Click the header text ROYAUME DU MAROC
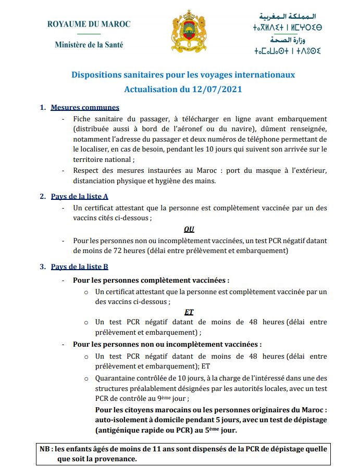[89, 24]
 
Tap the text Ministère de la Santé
[89, 45]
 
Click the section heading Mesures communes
[85, 108]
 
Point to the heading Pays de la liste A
[79, 196]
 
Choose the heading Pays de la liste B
[79, 267]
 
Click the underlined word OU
[189, 229]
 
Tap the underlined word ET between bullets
[189, 311]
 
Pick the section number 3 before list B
[43, 267]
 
